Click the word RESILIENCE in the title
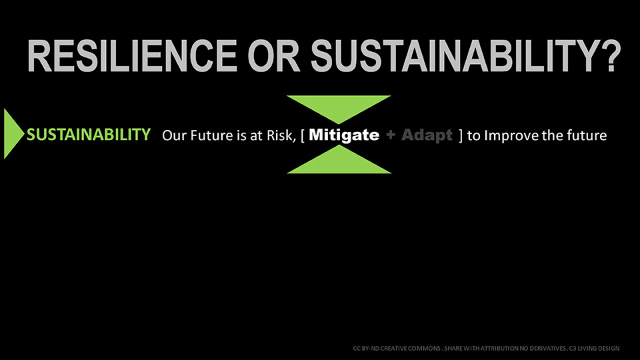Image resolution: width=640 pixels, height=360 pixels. click(132, 56)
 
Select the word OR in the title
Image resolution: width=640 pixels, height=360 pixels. click(274, 56)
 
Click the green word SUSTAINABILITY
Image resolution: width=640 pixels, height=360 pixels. click(89, 134)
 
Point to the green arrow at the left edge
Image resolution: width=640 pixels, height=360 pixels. click(13, 133)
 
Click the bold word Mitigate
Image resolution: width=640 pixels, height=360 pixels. click(344, 135)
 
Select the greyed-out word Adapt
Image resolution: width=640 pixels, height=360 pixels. click(427, 135)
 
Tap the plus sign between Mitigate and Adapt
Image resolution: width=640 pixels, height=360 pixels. click(391, 135)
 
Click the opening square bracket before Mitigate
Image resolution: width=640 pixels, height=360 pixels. click(303, 135)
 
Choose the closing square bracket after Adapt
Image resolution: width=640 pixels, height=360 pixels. click(461, 135)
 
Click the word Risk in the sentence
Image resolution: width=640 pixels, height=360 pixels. click(281, 135)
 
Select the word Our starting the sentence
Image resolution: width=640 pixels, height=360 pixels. click(175, 135)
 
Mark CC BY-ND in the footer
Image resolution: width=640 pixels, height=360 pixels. click(366, 349)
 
